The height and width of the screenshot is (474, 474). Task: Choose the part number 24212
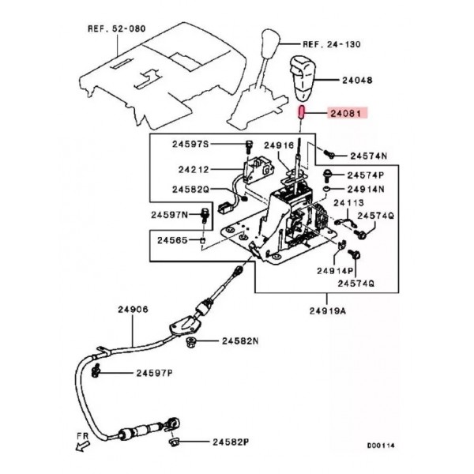pos(194,168)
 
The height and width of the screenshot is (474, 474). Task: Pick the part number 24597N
pos(171,215)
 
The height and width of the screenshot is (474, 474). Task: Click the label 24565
pos(173,239)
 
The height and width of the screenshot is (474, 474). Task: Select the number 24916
pos(280,145)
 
